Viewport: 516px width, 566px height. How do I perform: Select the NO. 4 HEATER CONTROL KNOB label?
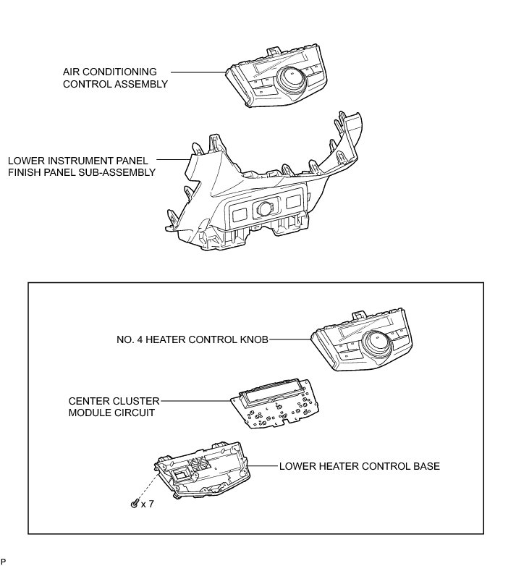coord(192,338)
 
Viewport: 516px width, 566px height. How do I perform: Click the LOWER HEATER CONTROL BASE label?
coord(359,466)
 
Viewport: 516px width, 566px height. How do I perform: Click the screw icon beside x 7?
coord(134,504)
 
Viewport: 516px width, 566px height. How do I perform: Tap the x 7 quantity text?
coord(147,504)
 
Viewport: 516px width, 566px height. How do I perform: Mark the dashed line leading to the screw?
coord(149,485)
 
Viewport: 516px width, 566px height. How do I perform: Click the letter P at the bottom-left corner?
coord(4,561)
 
